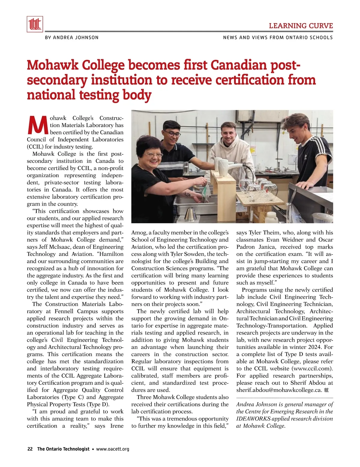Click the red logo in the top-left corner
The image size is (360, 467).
[35, 24]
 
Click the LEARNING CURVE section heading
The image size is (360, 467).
[301, 26]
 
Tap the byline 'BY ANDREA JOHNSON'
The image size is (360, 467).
[71, 37]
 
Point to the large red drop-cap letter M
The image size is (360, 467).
[37, 125]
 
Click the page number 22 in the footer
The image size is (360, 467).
[30, 449]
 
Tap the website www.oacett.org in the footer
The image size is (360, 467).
[112, 449]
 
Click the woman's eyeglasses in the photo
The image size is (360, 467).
[153, 155]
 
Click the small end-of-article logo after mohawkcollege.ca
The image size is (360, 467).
[326, 390]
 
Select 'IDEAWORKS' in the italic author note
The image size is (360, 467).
[253, 418]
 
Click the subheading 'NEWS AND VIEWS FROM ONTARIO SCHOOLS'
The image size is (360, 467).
[278, 37]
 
